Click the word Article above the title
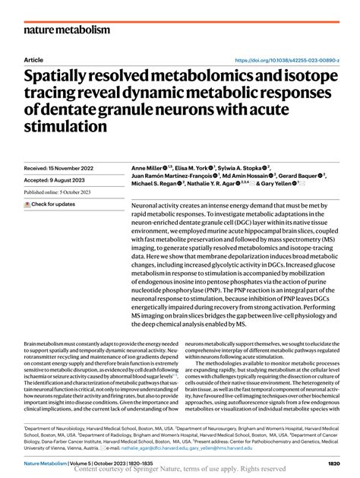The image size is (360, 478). click(x=33, y=59)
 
